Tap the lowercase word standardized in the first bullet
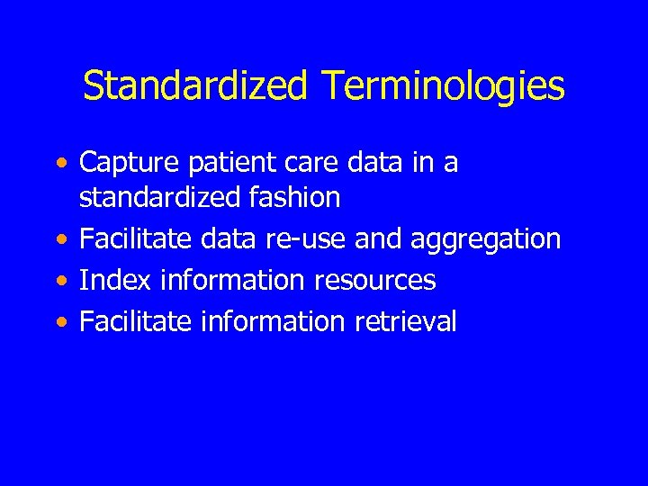point(158,196)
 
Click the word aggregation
point(485,238)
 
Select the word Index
point(114,280)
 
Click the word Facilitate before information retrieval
point(136,321)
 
